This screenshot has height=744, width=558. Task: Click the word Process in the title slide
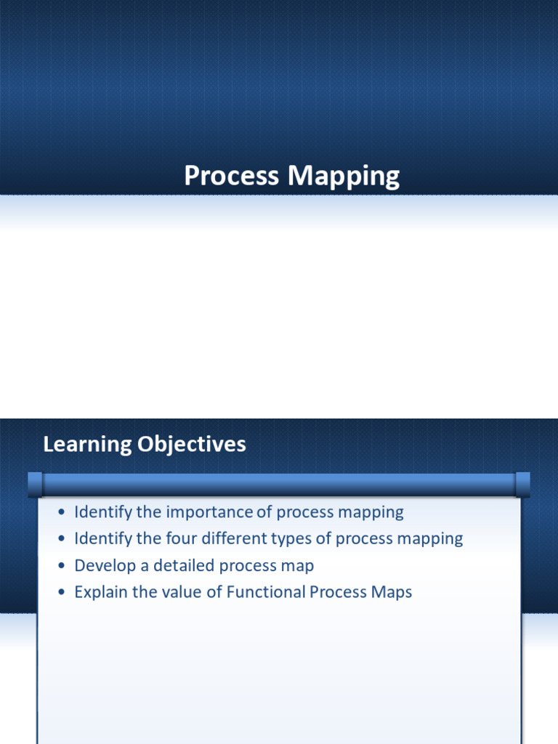[x=232, y=176]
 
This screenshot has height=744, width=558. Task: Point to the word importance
[x=209, y=512]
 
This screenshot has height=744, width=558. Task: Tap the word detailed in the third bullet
[x=184, y=565]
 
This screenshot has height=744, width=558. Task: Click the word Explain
[x=100, y=592]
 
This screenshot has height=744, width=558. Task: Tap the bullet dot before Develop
[x=61, y=566]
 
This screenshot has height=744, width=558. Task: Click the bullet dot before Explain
[x=61, y=593]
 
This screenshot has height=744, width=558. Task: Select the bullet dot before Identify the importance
[x=61, y=512]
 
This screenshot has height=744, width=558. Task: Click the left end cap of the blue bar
[x=35, y=485]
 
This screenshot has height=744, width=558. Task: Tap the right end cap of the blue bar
[x=522, y=485]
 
